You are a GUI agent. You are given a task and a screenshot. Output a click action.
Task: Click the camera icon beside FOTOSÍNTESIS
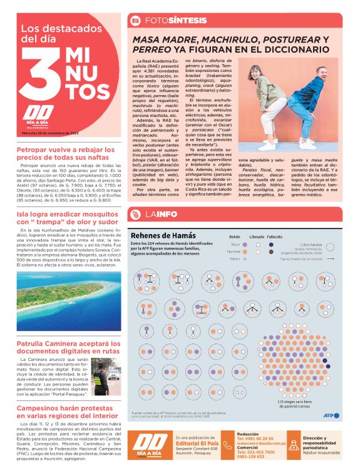click(135, 20)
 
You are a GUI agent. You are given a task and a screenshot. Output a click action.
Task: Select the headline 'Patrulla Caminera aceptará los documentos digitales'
click(67, 347)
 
